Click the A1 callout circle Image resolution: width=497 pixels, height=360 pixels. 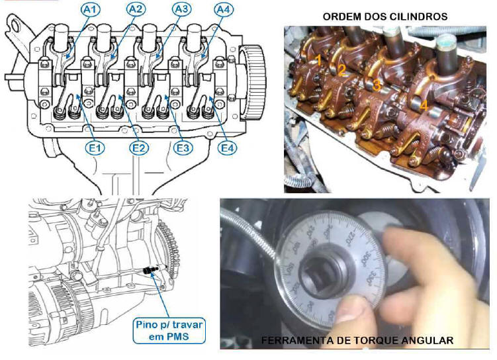(x=91, y=9)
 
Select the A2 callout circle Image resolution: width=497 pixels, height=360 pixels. (x=136, y=9)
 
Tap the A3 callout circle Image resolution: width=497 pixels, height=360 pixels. (x=181, y=9)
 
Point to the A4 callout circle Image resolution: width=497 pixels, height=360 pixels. (x=224, y=10)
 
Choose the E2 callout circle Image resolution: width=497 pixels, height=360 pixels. (x=138, y=148)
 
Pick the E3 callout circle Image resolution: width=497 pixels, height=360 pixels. (x=183, y=148)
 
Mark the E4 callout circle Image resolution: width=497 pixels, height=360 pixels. (x=228, y=148)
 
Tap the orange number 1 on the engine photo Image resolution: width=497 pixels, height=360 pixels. (x=318, y=60)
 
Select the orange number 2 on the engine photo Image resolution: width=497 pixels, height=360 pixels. (x=341, y=70)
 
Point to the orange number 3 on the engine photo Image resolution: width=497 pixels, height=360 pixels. (x=376, y=85)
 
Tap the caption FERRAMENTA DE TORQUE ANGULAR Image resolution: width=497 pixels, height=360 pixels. (x=357, y=341)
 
